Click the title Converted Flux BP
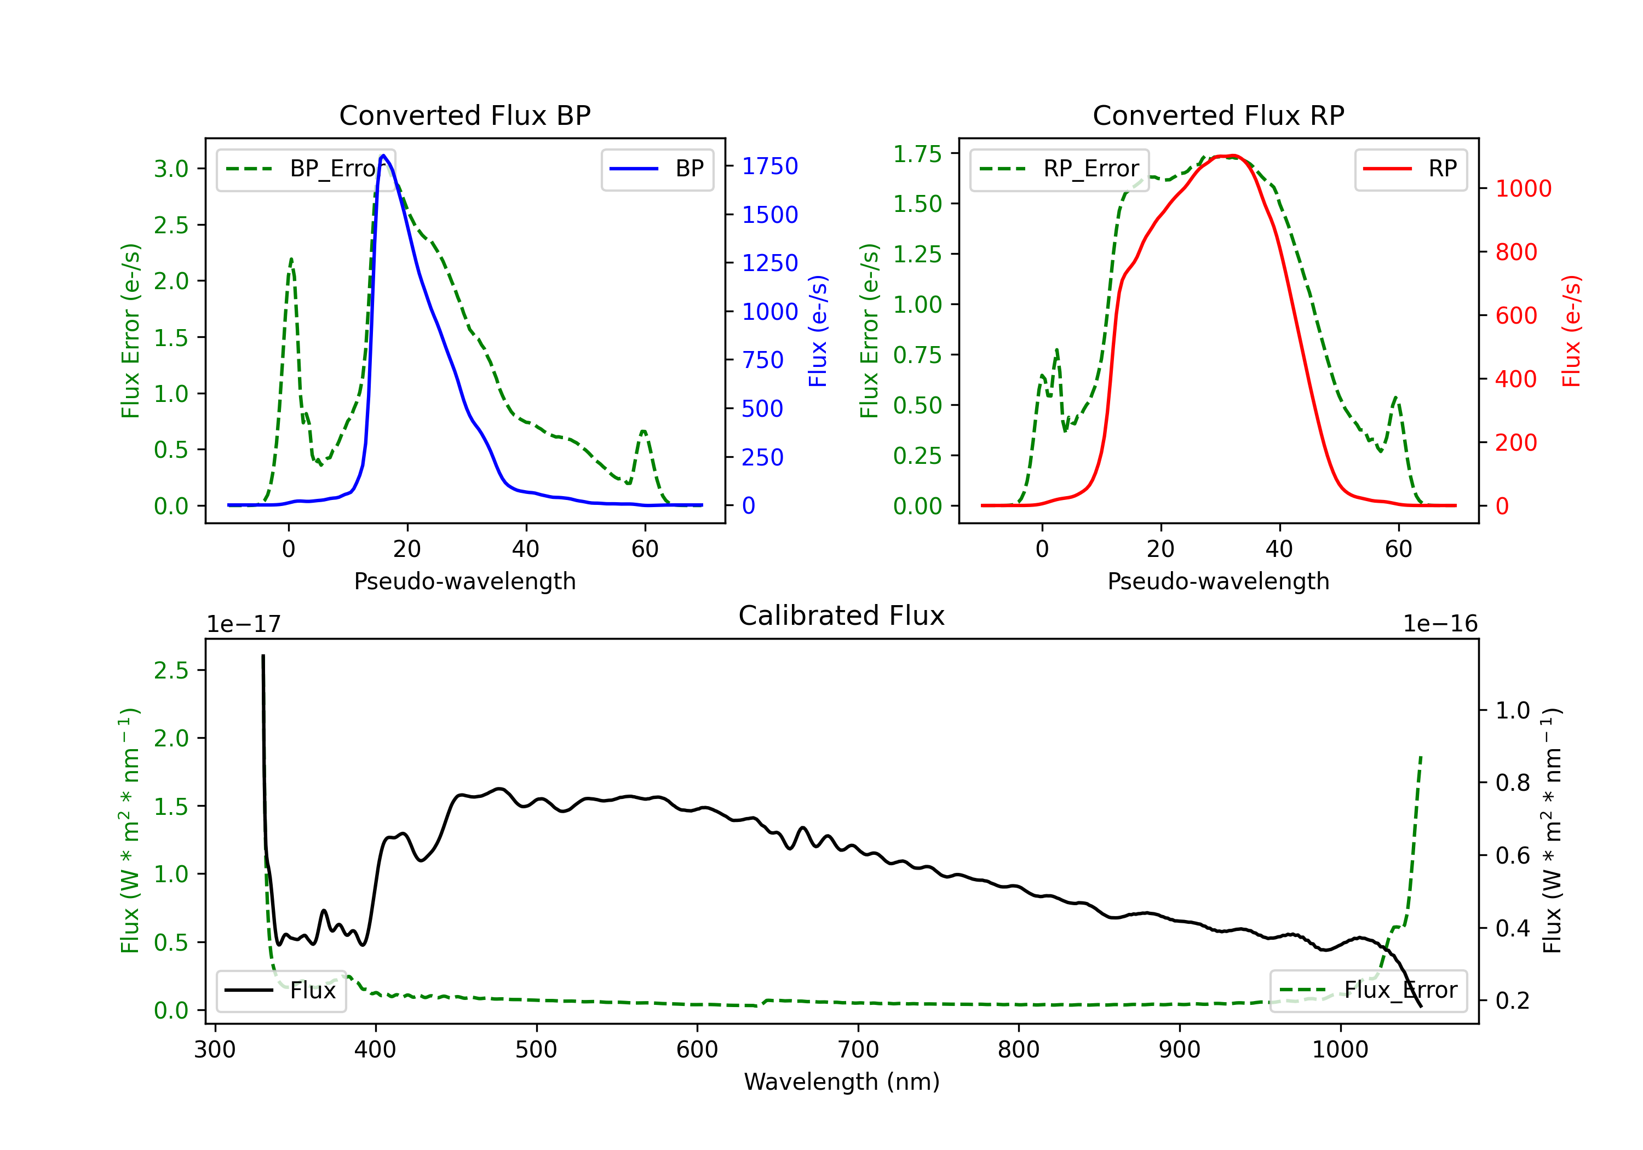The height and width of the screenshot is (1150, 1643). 464,115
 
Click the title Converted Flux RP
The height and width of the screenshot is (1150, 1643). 1218,115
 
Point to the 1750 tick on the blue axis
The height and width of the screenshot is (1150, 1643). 769,166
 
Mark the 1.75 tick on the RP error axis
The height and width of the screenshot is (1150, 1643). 917,154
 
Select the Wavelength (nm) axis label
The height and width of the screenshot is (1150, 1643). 842,1082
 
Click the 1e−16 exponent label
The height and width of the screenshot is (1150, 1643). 1440,624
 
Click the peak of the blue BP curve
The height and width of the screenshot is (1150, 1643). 383,156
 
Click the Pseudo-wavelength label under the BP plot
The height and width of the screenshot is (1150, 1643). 464,581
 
